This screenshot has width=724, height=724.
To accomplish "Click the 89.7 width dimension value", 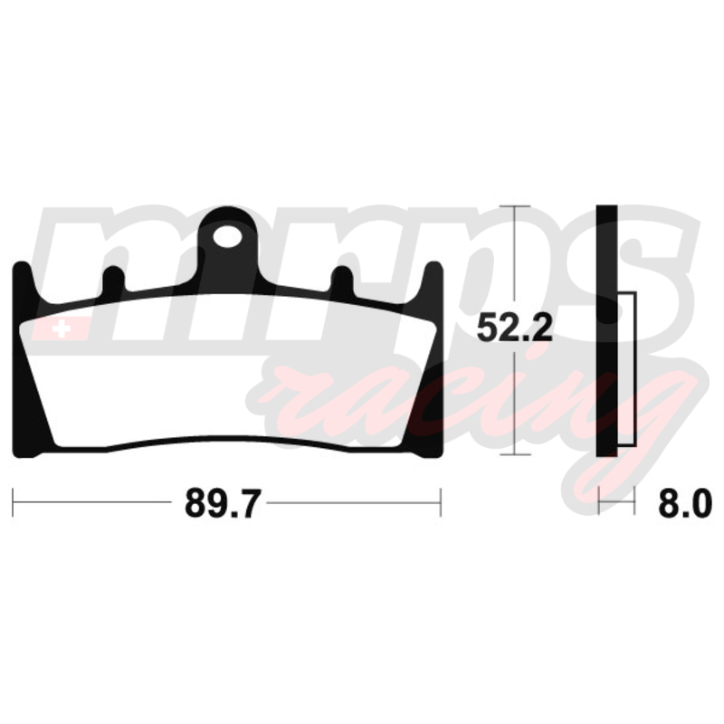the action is [x=223, y=503].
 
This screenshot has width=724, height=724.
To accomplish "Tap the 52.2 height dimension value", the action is [x=514, y=328].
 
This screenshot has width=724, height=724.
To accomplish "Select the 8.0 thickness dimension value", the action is [x=685, y=503].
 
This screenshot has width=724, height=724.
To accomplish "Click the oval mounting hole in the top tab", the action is [x=228, y=237].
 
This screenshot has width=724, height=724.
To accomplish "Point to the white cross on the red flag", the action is [x=62, y=329].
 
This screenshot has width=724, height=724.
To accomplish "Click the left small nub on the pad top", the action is [x=113, y=279].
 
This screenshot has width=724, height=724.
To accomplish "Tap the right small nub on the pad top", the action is [x=342, y=279].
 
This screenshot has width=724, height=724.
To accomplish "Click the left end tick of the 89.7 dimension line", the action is [x=13, y=502].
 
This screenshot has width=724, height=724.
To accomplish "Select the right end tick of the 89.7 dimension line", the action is [x=441, y=502].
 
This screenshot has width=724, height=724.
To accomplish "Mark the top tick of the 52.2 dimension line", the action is [x=515, y=206].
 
